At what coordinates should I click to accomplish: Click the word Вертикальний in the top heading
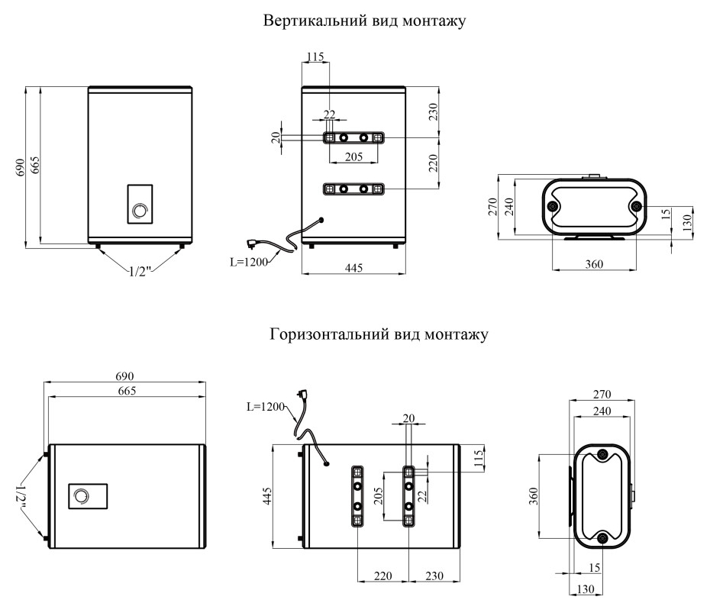(302, 21)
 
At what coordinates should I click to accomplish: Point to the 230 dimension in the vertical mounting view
(433, 112)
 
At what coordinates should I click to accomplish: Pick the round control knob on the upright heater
(139, 211)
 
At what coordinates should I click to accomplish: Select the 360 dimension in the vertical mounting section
(594, 264)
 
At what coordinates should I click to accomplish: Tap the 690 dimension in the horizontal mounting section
(125, 376)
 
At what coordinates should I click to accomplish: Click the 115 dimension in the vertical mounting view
(315, 56)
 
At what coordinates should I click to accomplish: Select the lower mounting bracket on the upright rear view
(353, 189)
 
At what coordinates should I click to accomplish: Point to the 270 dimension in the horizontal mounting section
(602, 395)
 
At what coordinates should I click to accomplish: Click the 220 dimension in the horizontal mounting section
(383, 576)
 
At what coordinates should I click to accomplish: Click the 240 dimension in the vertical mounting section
(509, 207)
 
